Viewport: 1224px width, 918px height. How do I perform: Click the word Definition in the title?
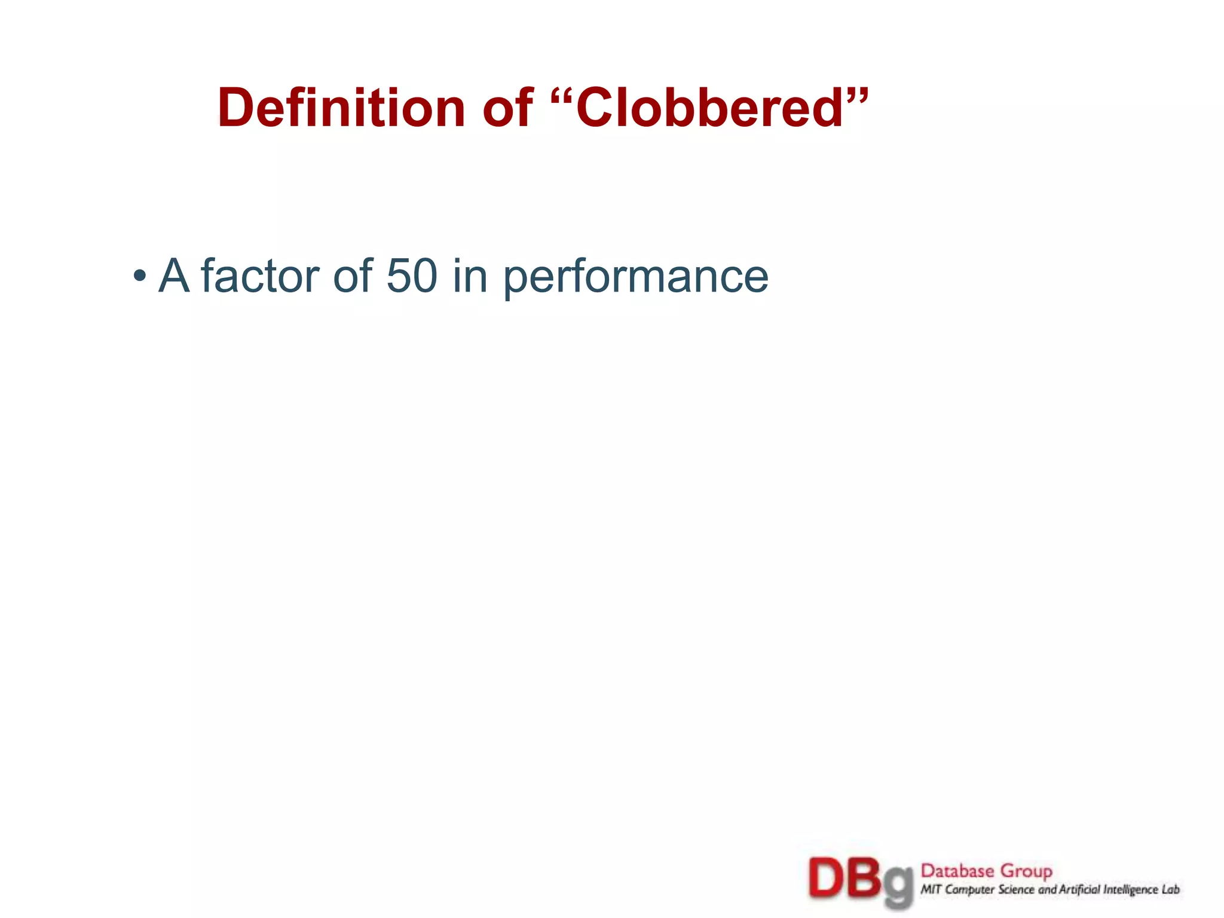341,108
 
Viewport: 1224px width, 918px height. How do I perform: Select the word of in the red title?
507,108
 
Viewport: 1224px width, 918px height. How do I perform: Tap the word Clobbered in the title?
709,108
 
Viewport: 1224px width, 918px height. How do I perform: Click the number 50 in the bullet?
412,276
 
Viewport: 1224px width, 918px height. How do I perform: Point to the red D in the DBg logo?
827,878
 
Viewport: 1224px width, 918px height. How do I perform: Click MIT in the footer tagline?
931,890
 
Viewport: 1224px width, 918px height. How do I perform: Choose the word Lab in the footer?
1171,890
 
